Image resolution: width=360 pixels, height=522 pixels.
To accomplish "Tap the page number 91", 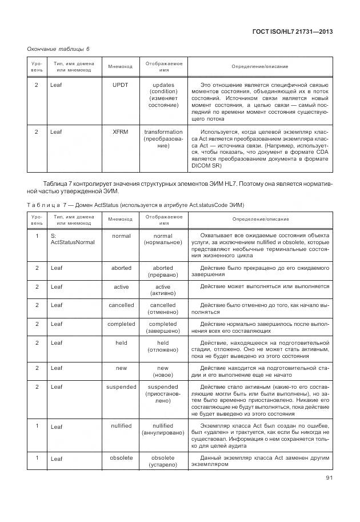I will (x=327, y=479).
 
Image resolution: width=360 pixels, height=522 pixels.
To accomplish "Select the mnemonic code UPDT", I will (x=121, y=85).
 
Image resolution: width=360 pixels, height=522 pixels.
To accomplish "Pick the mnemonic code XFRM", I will (x=121, y=132).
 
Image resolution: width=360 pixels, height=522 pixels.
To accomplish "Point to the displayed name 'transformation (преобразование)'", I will (x=163, y=139).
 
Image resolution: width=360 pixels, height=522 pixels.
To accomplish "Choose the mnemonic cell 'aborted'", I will (x=121, y=268).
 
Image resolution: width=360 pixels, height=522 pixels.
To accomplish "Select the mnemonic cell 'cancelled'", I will (x=121, y=305).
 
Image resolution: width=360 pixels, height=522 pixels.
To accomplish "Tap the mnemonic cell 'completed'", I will (x=121, y=324).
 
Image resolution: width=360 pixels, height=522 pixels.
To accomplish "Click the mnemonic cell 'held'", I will (x=121, y=343).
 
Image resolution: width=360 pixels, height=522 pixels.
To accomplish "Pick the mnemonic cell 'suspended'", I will (x=121, y=387).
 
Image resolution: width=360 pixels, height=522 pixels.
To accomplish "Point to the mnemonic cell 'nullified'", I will (x=121, y=426).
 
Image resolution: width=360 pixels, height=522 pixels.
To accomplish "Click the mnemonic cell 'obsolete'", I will (x=121, y=458).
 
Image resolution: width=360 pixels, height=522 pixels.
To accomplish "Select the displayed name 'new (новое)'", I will (x=163, y=372).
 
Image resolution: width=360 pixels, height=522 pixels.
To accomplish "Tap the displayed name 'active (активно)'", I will (x=163, y=290).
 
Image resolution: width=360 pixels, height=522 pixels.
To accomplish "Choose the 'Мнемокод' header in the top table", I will (x=121, y=67).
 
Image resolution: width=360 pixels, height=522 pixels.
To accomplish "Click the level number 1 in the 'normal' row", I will (x=37, y=236).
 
